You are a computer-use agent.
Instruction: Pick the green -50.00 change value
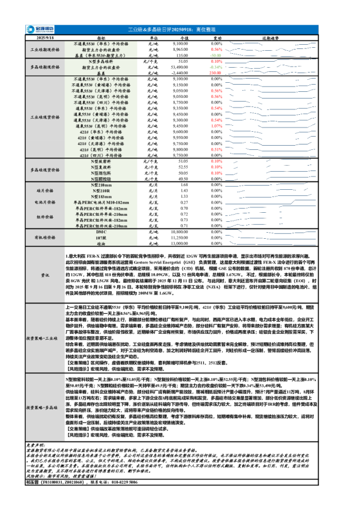217,54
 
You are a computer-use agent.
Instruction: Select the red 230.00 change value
216,73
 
